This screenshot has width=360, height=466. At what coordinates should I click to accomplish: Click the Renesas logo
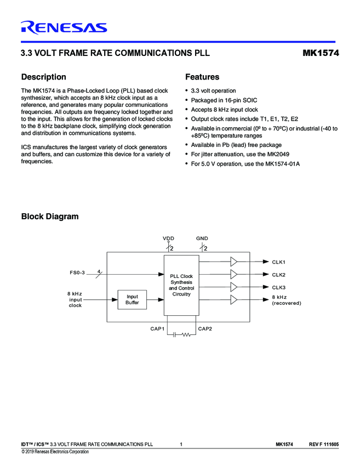[64, 27]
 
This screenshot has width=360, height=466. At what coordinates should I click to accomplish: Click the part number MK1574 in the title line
[321, 54]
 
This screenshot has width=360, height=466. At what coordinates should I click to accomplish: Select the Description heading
[43, 77]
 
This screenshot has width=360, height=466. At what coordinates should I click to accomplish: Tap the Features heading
[202, 77]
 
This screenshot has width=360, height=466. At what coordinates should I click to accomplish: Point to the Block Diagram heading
[49, 217]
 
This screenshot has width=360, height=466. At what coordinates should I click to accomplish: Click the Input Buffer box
[132, 299]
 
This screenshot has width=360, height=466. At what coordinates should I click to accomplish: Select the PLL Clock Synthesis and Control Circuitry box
[181, 285]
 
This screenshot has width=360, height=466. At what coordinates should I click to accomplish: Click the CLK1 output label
[279, 262]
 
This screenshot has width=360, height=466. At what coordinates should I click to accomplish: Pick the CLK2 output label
[279, 275]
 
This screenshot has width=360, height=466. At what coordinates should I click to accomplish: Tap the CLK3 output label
[279, 287]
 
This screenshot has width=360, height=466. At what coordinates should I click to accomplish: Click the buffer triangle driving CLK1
[234, 262]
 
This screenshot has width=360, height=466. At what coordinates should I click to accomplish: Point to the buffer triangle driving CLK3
[234, 287]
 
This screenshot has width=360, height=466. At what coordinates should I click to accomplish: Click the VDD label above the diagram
[168, 238]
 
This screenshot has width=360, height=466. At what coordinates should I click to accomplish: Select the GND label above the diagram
[202, 238]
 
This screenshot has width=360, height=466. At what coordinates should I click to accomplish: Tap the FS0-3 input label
[77, 272]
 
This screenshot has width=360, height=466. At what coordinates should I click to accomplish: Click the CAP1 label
[158, 328]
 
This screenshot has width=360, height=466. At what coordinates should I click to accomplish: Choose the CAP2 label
[205, 328]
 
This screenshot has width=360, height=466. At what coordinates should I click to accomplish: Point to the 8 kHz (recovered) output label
[286, 300]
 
